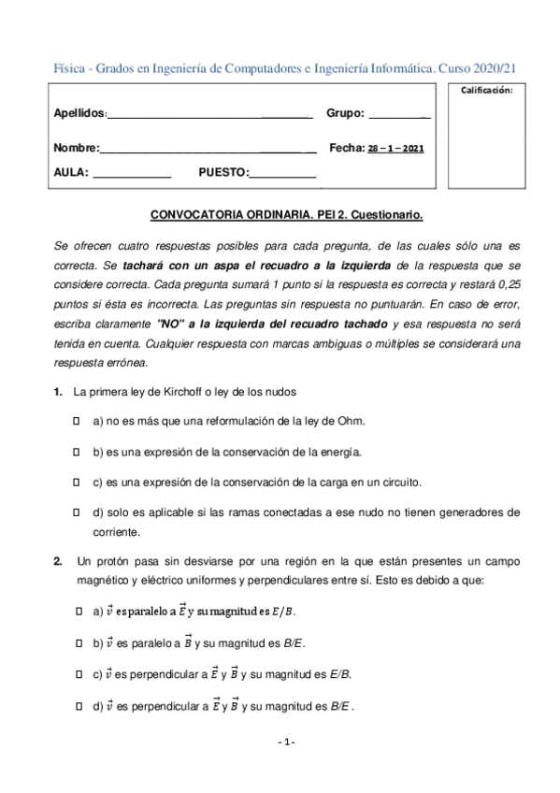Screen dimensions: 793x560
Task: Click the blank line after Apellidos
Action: tap(209, 116)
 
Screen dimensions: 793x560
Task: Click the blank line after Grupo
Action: tap(399, 116)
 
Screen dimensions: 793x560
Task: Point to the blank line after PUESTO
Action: tap(282, 175)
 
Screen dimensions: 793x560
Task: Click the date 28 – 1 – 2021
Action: tap(395, 149)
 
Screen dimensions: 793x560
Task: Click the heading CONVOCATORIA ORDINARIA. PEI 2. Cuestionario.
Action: tap(287, 215)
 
